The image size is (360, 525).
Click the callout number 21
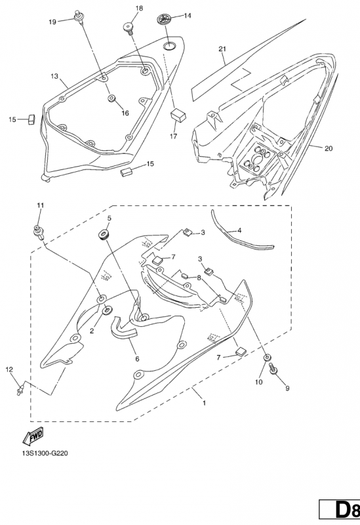(x=222, y=50)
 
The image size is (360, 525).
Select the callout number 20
(x=328, y=148)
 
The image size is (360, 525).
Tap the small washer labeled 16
(x=111, y=99)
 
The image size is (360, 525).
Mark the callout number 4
(x=239, y=231)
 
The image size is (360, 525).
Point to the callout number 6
(x=136, y=359)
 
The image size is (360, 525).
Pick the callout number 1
(x=204, y=402)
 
